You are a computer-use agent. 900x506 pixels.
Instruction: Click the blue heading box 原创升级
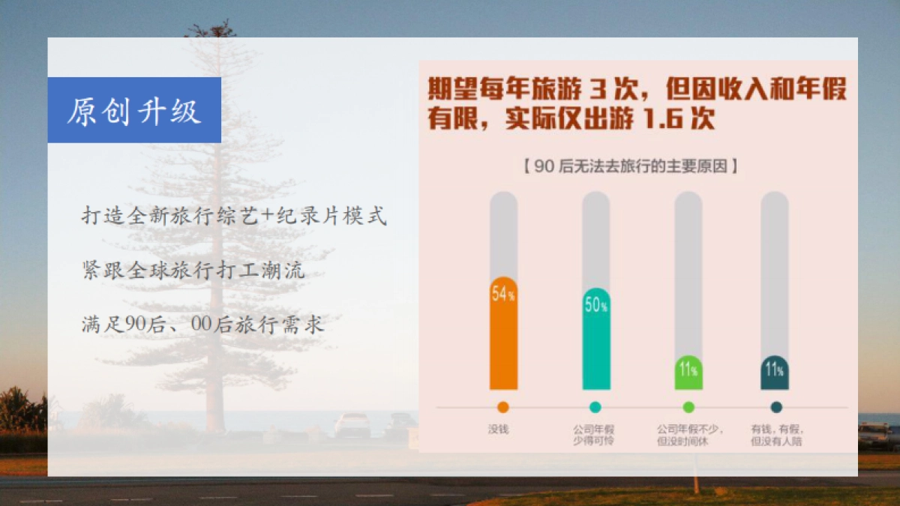click(x=134, y=110)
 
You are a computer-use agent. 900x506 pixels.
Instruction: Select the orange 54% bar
click(x=503, y=334)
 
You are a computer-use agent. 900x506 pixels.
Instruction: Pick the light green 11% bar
click(x=688, y=373)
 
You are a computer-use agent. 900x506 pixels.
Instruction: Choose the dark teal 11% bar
click(x=775, y=373)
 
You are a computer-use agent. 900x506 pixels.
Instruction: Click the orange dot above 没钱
click(x=503, y=407)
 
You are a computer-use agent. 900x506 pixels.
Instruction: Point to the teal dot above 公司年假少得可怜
click(x=595, y=407)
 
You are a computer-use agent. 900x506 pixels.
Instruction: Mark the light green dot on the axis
click(x=688, y=407)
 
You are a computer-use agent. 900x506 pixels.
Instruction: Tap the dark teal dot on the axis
click(x=776, y=407)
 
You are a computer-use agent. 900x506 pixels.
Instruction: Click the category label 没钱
click(x=499, y=430)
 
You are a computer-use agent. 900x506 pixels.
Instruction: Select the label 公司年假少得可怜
click(x=594, y=435)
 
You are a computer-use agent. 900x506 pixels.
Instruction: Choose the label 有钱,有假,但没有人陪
click(x=777, y=435)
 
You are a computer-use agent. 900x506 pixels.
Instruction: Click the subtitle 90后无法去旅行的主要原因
click(x=630, y=166)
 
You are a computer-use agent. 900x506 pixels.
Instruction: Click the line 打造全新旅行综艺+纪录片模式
click(x=234, y=217)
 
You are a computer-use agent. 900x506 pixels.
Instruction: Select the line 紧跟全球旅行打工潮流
click(x=193, y=271)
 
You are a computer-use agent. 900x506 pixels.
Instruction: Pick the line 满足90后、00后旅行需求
click(x=202, y=325)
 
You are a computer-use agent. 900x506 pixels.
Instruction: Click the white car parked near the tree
click(x=352, y=424)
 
